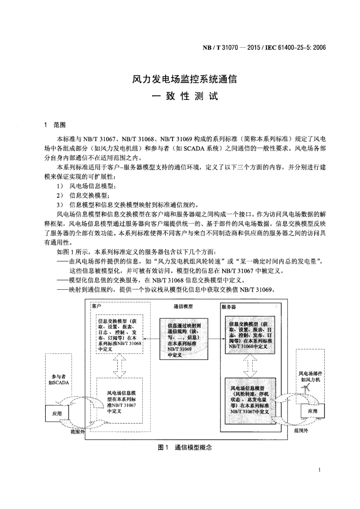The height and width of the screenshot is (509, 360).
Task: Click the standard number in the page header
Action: tap(264, 48)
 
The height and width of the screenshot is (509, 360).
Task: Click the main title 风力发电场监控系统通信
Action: tap(183, 79)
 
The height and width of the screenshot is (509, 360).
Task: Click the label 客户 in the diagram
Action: tap(96, 306)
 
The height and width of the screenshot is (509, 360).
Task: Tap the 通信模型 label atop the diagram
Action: tap(183, 307)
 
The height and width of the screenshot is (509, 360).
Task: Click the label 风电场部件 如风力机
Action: tap(310, 377)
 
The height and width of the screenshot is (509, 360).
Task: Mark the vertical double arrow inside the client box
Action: tap(119, 366)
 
